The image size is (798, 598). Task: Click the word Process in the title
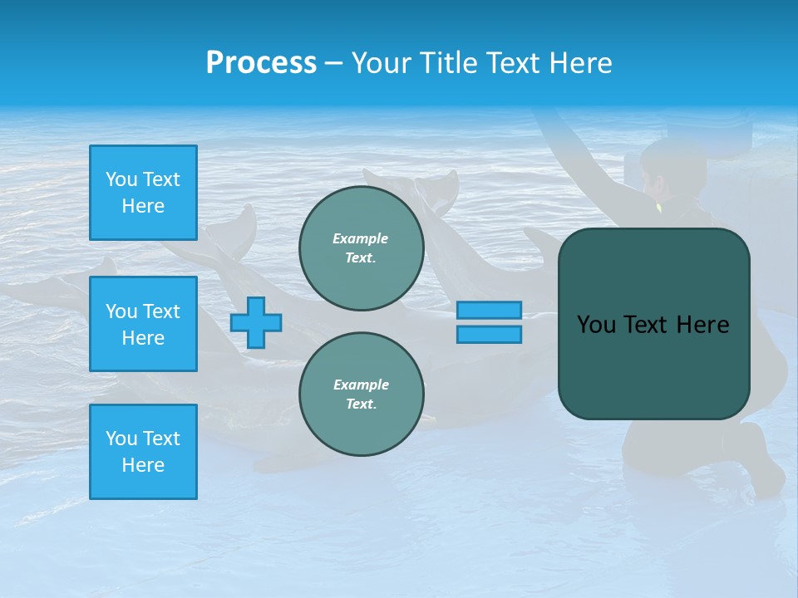pyautogui.click(x=261, y=63)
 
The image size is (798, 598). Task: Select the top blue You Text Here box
pyautogui.click(x=143, y=193)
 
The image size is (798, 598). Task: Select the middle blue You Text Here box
pyautogui.click(x=143, y=324)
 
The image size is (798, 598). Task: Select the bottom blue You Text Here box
pyautogui.click(x=143, y=452)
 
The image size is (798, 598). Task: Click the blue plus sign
pyautogui.click(x=256, y=322)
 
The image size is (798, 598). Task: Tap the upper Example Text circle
pyautogui.click(x=362, y=248)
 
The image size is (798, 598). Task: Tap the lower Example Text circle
pyautogui.click(x=362, y=395)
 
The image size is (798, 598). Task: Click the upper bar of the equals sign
pyautogui.click(x=489, y=310)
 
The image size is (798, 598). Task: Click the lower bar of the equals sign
pyautogui.click(x=489, y=334)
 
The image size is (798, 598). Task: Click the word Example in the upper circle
pyautogui.click(x=361, y=238)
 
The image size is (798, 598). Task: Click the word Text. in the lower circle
pyautogui.click(x=361, y=404)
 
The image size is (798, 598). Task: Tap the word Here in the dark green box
pyautogui.click(x=702, y=325)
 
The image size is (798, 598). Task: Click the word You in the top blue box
pyautogui.click(x=121, y=179)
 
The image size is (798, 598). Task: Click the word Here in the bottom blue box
pyautogui.click(x=143, y=465)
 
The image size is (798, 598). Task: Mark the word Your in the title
pyautogui.click(x=382, y=63)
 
